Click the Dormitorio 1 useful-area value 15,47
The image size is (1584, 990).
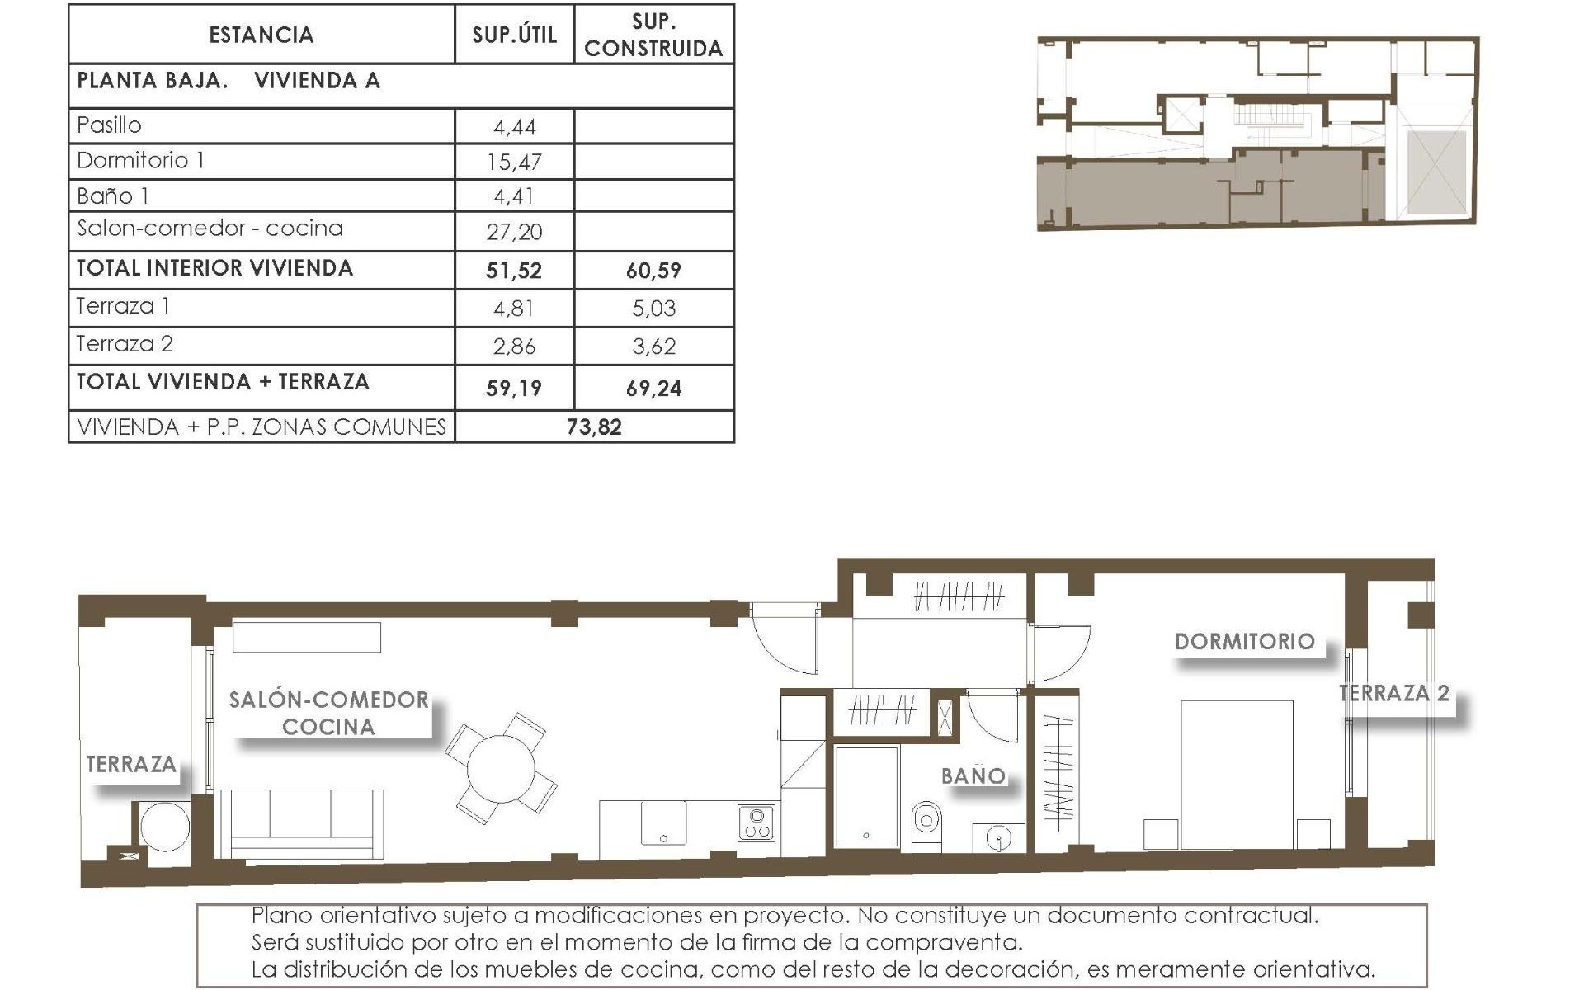point(514,162)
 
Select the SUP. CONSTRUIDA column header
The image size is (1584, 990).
point(653,35)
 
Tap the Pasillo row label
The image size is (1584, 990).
point(109,125)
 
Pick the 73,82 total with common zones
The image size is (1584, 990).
point(594,427)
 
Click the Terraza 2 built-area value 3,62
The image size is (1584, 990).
point(653,346)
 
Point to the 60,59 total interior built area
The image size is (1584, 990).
point(653,270)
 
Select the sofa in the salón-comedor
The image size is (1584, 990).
point(302,823)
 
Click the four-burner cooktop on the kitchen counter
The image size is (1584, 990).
point(757,823)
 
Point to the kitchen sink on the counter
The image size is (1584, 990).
point(664,823)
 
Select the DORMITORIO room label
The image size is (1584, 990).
point(1244,642)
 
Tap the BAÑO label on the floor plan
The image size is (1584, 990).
point(973,775)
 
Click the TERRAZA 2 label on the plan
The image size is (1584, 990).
point(1393,693)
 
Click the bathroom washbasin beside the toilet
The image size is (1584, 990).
point(998,838)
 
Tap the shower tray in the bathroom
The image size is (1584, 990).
point(866,796)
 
